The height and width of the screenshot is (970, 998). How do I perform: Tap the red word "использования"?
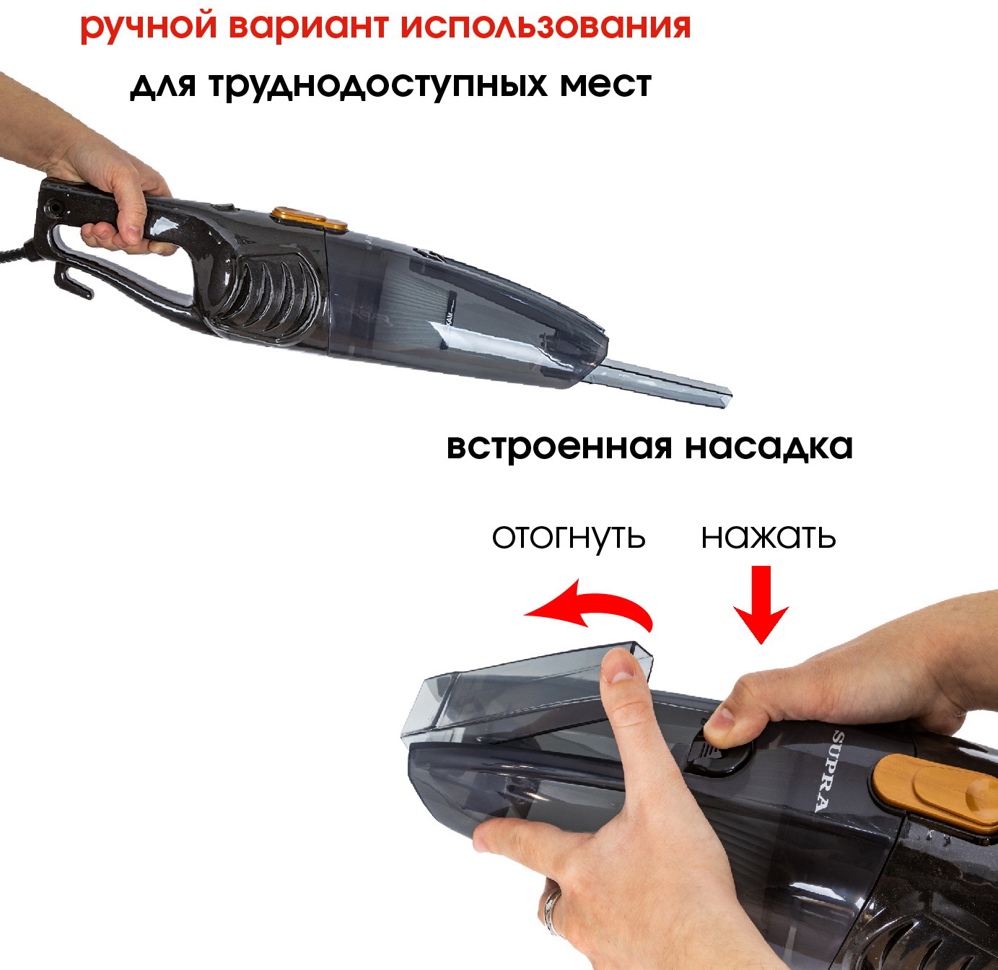(x=546, y=26)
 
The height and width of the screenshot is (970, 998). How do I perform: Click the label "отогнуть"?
(x=569, y=537)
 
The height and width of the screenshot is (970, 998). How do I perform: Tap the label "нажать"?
(x=769, y=537)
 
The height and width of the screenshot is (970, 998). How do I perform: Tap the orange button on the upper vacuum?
(x=309, y=218)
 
